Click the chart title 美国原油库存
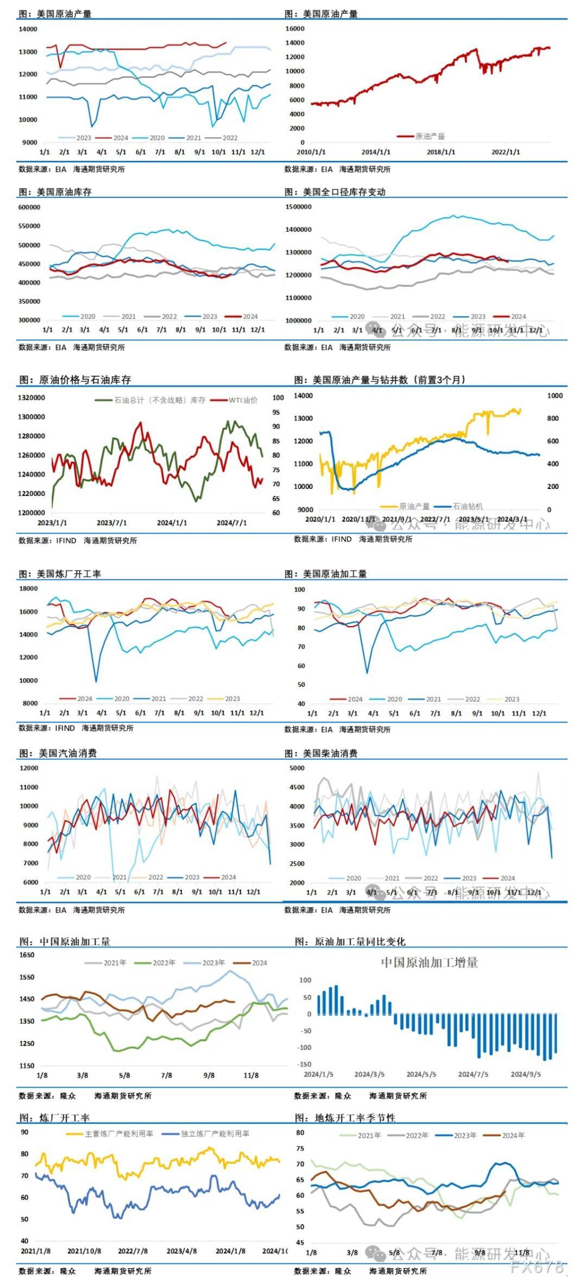coord(64,192)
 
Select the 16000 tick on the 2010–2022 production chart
coord(295,28)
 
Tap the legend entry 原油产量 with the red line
coord(430,137)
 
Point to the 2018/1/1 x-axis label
coord(441,152)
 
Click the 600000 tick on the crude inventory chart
coord(29,207)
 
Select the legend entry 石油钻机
coord(468,506)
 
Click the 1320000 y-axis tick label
coord(31,398)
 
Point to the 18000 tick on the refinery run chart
coord(28,589)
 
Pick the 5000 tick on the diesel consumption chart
coord(297,768)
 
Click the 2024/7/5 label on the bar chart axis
coord(473,1074)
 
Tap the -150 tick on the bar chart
coord(305,1064)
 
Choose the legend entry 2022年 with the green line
coord(163,963)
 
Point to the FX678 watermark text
coord(537,1267)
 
